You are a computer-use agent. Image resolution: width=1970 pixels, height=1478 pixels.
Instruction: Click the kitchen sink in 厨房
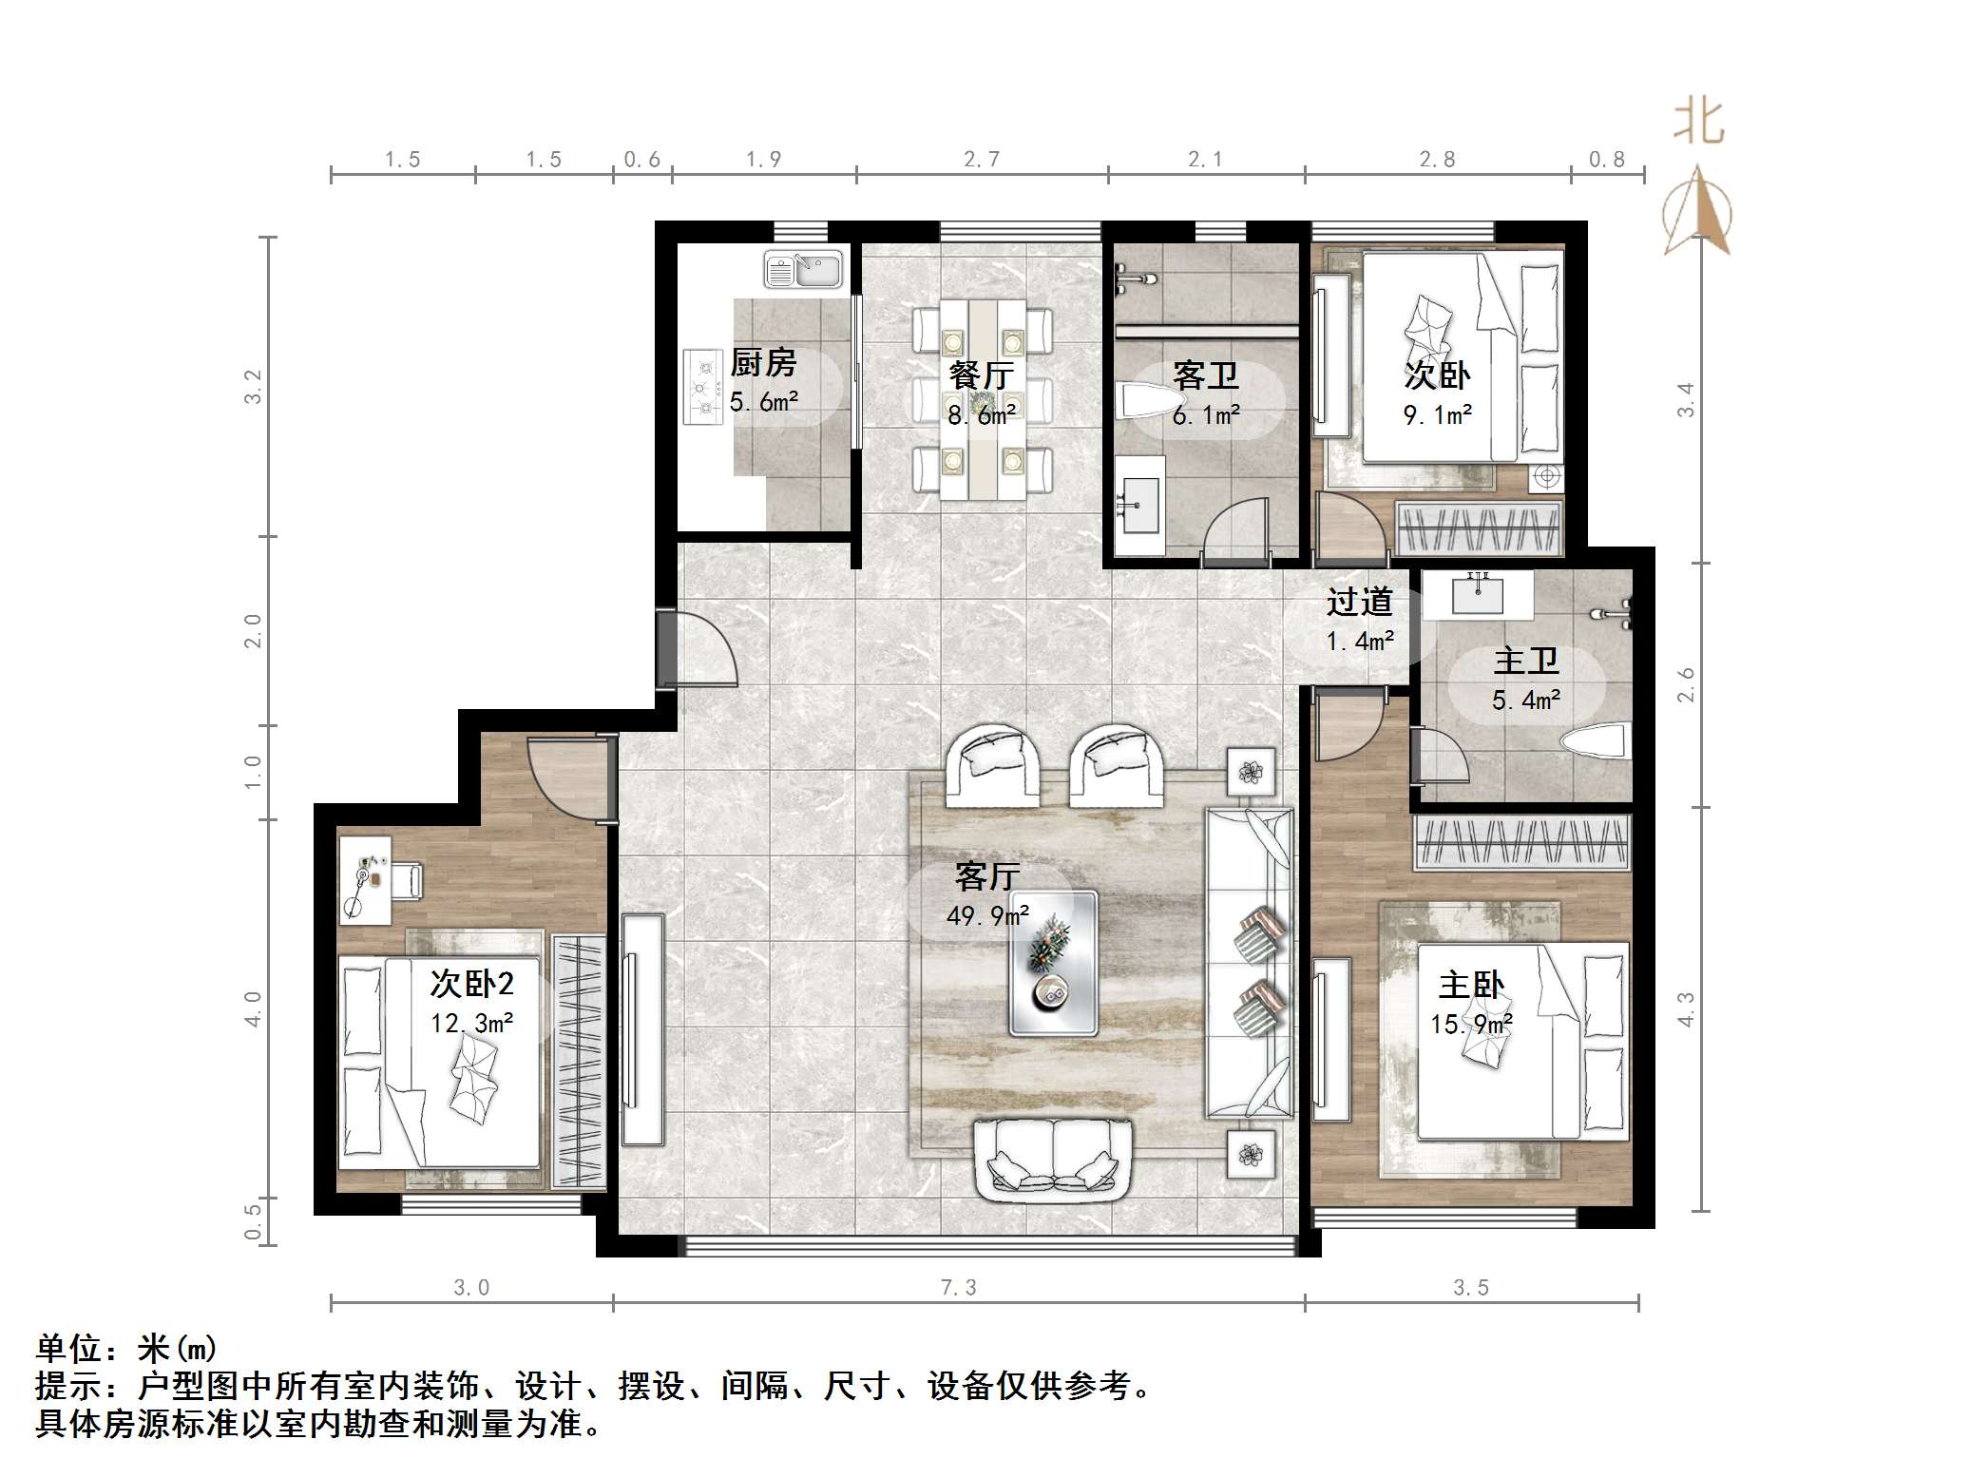(804, 269)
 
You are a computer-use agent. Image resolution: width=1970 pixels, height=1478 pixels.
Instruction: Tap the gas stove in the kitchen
(702, 388)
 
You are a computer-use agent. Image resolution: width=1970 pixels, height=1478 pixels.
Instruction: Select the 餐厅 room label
(982, 374)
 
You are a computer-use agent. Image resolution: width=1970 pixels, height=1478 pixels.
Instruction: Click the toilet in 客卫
(1143, 399)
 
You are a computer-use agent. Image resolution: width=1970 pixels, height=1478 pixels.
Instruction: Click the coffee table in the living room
(1052, 962)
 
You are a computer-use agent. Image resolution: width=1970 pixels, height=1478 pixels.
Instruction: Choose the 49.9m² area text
(987, 915)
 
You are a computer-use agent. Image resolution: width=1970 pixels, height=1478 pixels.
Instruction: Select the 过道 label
(1360, 602)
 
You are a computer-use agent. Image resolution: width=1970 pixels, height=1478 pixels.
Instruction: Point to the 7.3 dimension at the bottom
(958, 1287)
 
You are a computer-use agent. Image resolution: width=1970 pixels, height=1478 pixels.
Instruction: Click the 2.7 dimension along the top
(982, 160)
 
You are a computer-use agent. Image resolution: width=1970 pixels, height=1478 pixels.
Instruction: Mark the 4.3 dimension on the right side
(1685, 1009)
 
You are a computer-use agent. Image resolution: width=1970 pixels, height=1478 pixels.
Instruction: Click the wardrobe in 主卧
(1521, 842)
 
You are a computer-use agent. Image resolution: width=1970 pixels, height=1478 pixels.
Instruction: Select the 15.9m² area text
(1471, 1024)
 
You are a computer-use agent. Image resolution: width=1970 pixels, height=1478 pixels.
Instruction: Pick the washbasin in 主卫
(1478, 593)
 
